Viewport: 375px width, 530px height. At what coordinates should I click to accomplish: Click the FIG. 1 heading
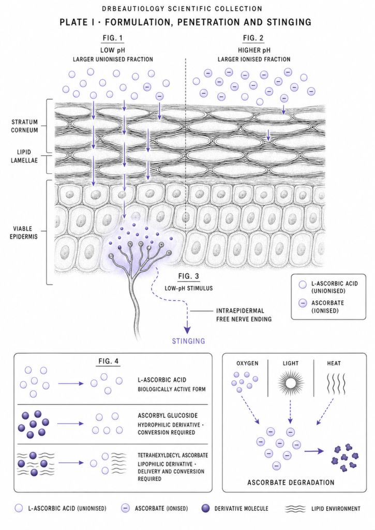[113, 38]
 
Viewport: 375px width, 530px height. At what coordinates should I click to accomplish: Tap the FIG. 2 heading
[253, 38]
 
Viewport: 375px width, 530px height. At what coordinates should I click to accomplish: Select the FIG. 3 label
[188, 276]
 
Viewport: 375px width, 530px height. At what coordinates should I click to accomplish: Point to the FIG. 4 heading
[109, 361]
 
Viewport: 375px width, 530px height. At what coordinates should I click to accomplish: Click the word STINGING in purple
[188, 341]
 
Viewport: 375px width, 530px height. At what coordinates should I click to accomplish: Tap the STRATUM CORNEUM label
[24, 126]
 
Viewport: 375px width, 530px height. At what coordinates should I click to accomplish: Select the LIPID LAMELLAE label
[24, 156]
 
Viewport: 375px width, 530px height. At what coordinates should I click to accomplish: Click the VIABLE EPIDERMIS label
[23, 232]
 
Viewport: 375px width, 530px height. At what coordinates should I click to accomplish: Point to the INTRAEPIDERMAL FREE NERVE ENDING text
[244, 315]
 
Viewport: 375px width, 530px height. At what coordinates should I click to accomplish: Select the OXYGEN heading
[247, 363]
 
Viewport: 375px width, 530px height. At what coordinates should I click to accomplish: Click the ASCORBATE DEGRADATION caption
[291, 482]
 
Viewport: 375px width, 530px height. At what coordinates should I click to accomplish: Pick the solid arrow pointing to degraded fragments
[314, 451]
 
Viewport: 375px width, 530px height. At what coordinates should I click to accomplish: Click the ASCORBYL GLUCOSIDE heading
[168, 416]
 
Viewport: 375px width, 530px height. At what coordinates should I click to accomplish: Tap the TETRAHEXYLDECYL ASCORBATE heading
[173, 455]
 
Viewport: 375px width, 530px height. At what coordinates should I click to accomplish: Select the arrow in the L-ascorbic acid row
[71, 384]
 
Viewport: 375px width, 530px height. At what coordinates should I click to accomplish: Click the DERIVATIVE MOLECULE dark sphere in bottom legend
[205, 508]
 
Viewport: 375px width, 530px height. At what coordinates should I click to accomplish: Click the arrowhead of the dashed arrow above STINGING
[187, 330]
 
